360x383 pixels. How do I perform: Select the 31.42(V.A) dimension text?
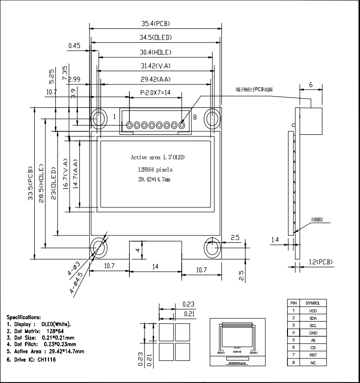click(155, 66)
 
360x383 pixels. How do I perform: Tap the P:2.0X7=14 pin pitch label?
click(155, 92)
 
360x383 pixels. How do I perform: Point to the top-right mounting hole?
click(214, 118)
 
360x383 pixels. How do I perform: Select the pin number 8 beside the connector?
click(194, 117)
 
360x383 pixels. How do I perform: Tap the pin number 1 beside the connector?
click(114, 117)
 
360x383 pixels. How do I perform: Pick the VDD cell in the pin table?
click(312, 310)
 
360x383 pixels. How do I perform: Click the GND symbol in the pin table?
click(312, 332)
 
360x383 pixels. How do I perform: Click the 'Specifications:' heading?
click(24, 318)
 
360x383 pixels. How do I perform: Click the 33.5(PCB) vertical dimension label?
click(31, 182)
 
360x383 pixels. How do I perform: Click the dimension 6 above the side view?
click(311, 84)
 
